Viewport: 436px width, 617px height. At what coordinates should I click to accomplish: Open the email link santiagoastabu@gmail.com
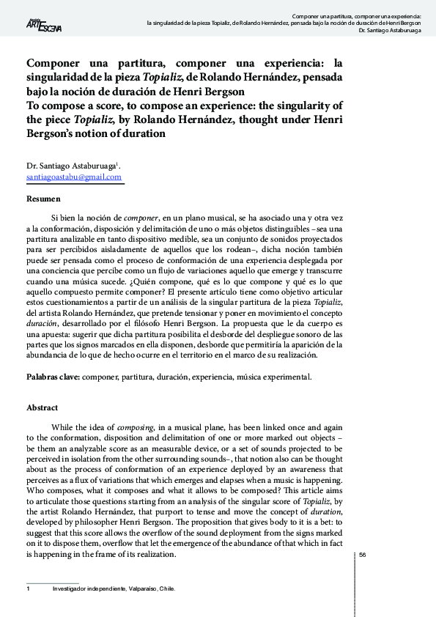(73, 177)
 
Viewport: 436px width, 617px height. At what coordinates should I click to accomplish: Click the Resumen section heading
(43, 199)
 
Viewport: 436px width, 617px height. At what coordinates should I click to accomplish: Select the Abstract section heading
(43, 407)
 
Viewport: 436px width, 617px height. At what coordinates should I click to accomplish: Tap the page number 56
(362, 555)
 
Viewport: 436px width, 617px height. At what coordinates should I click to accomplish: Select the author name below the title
(72, 166)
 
